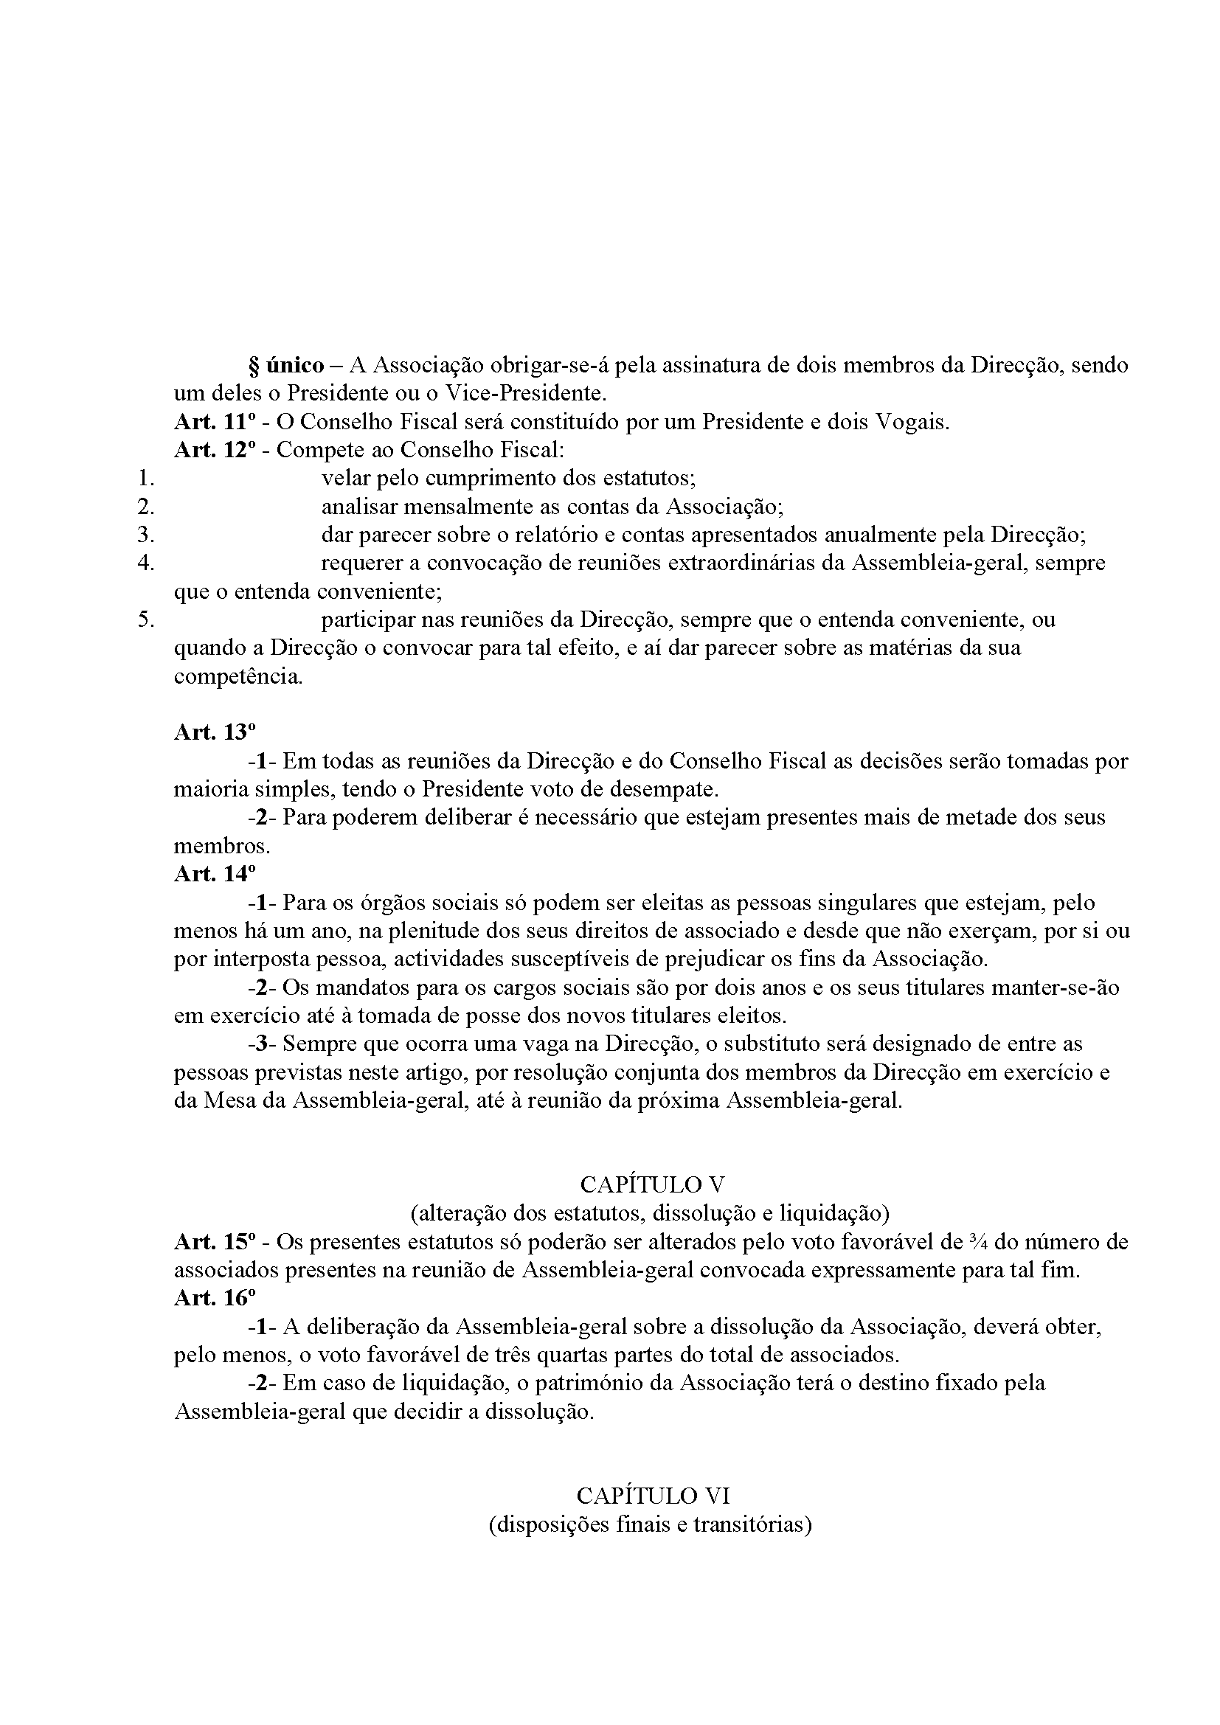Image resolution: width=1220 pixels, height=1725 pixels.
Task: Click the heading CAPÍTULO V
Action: [x=652, y=1185]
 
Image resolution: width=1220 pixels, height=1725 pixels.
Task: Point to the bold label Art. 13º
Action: [x=215, y=732]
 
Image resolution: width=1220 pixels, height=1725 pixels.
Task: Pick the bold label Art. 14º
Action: [x=215, y=874]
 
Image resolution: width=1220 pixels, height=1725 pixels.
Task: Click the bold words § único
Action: [x=286, y=366]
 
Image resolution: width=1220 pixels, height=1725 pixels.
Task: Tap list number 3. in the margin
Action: [x=146, y=535]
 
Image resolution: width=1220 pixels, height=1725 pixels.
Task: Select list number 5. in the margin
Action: [x=146, y=619]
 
